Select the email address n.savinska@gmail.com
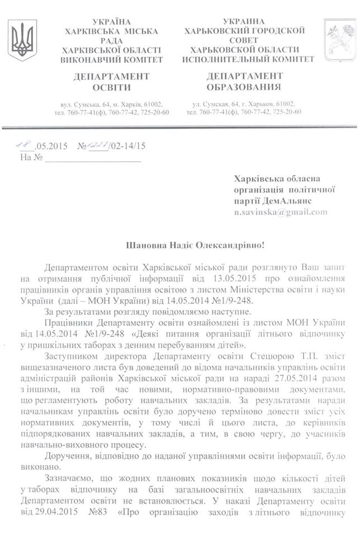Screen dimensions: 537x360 pos(281,212)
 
